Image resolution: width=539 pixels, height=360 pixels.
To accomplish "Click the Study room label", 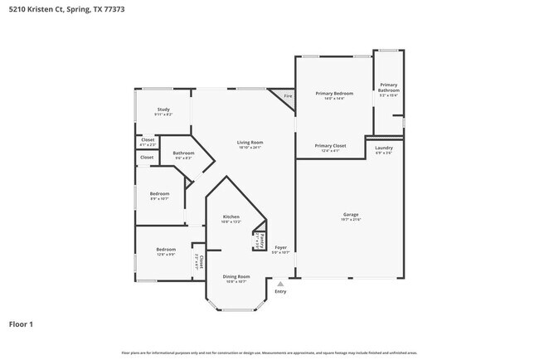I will pyautogui.click(x=163, y=109).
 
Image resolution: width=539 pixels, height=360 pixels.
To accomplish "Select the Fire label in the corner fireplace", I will pyautogui.click(x=288, y=96).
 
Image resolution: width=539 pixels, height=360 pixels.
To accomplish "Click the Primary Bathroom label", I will pyautogui.click(x=388, y=87).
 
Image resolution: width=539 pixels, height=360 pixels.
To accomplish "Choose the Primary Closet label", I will pyautogui.click(x=329, y=146).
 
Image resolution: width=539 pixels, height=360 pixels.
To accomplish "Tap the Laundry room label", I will pyautogui.click(x=384, y=148).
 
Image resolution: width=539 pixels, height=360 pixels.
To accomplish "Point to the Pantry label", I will pyautogui.click(x=260, y=240).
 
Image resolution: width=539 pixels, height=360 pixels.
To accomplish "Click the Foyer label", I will pyautogui.click(x=281, y=247).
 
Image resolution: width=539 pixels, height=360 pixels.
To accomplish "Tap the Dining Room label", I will pyautogui.click(x=236, y=276).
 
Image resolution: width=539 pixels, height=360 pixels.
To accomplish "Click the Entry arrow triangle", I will pyautogui.click(x=280, y=283).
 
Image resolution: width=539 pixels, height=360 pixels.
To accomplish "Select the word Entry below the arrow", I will pyautogui.click(x=280, y=291).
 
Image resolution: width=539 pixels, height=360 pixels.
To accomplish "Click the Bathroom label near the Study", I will pyautogui.click(x=183, y=153).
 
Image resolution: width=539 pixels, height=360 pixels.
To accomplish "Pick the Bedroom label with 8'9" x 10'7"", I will pyautogui.click(x=159, y=194).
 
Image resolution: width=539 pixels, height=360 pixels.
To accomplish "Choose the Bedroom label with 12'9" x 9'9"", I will pyautogui.click(x=166, y=249).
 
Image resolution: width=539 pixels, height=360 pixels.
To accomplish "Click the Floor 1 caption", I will pyautogui.click(x=22, y=324).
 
